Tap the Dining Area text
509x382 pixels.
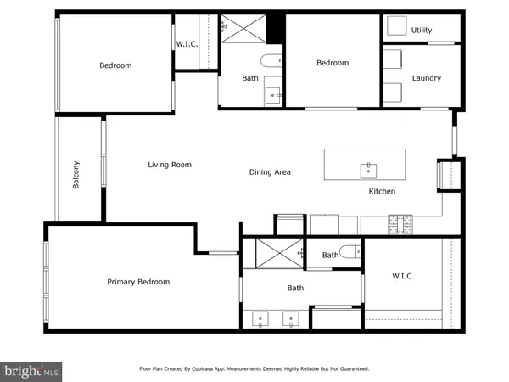270,172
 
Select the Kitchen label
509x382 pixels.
382,192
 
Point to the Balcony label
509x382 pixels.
76,175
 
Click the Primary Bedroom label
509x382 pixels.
138,282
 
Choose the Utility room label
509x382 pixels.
422,30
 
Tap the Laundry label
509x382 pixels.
426,78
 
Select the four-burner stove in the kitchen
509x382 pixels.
400,225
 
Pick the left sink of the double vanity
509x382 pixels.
260,321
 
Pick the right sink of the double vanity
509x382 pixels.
292,321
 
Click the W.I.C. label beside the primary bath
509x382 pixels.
403,276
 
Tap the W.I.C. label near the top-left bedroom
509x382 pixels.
187,44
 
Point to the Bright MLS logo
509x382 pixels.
31,371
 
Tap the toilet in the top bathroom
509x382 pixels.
273,61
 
